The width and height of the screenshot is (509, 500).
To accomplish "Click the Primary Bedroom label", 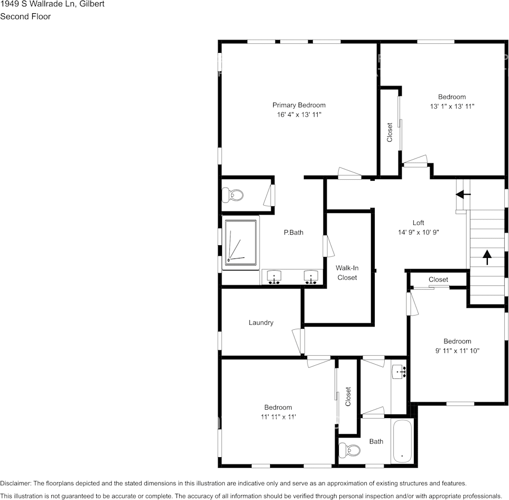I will [x=299, y=105].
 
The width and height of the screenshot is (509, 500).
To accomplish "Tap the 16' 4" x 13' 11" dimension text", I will [x=299, y=115].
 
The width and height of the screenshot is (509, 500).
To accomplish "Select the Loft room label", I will [x=418, y=223].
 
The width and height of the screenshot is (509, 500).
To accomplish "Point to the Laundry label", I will [x=261, y=322].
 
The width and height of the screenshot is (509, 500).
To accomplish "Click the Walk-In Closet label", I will [x=347, y=273].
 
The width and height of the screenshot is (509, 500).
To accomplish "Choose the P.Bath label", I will [x=293, y=232].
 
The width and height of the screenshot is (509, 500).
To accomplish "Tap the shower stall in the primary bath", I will [x=241, y=243].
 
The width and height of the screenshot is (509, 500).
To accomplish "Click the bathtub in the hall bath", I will [x=402, y=441].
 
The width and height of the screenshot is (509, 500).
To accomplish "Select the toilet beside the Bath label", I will [x=350, y=450].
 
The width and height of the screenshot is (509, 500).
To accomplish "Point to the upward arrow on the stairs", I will [x=486, y=258].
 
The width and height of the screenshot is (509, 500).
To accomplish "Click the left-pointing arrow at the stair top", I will [x=464, y=195].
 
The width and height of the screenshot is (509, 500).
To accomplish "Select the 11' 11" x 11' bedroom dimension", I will [x=278, y=416].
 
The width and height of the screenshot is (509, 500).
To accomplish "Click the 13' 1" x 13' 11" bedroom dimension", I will [x=452, y=106].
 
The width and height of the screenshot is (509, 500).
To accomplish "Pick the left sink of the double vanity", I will [x=274, y=276].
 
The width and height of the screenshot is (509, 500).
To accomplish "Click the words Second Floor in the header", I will [x=25, y=16].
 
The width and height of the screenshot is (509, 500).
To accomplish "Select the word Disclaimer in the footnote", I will [x=15, y=483].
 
